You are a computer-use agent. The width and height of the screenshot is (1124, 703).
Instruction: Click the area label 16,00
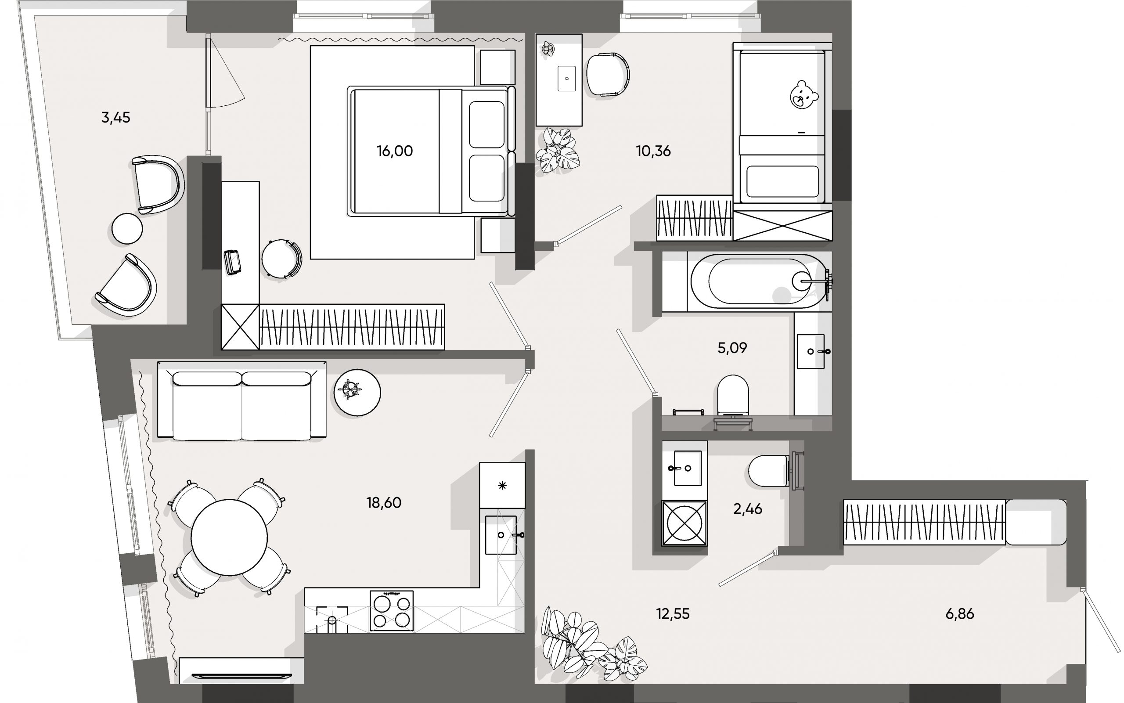[x=395, y=151]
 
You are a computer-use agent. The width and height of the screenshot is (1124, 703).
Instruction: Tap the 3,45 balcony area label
[x=116, y=118]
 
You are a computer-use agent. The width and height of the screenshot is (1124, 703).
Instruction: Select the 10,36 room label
[x=653, y=151]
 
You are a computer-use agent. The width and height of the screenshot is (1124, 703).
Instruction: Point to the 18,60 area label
[x=383, y=503]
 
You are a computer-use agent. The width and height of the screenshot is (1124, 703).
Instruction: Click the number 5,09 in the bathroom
[x=732, y=348]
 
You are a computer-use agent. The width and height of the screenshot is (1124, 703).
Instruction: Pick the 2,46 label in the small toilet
[x=747, y=509]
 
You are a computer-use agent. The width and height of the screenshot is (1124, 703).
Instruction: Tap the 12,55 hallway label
[x=673, y=614]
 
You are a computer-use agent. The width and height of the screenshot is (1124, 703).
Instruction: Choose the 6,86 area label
[x=959, y=614]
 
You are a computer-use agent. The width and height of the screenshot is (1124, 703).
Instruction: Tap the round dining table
[x=229, y=537]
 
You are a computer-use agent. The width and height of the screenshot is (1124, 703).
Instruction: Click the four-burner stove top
[x=391, y=610]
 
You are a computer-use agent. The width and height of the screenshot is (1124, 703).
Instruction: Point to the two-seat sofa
[x=242, y=400]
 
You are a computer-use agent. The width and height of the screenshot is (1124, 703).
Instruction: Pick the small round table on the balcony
[x=127, y=228]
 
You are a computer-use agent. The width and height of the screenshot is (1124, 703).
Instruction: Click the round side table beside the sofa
[x=357, y=393]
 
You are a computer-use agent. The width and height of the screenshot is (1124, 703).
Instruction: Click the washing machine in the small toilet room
[x=684, y=523]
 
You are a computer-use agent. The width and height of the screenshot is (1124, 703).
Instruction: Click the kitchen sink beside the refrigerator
[x=501, y=535]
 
